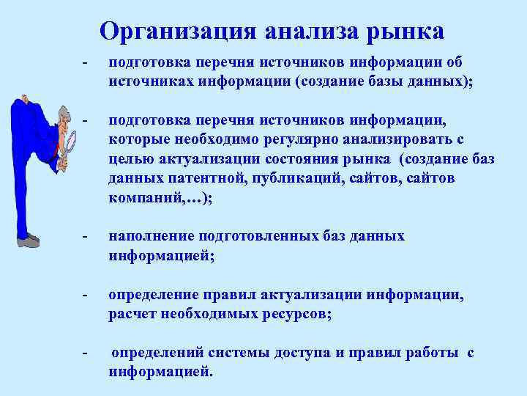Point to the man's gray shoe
(x=28, y=240)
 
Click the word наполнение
(x=150, y=236)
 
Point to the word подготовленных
(x=261, y=236)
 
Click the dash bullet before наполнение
(x=86, y=236)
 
